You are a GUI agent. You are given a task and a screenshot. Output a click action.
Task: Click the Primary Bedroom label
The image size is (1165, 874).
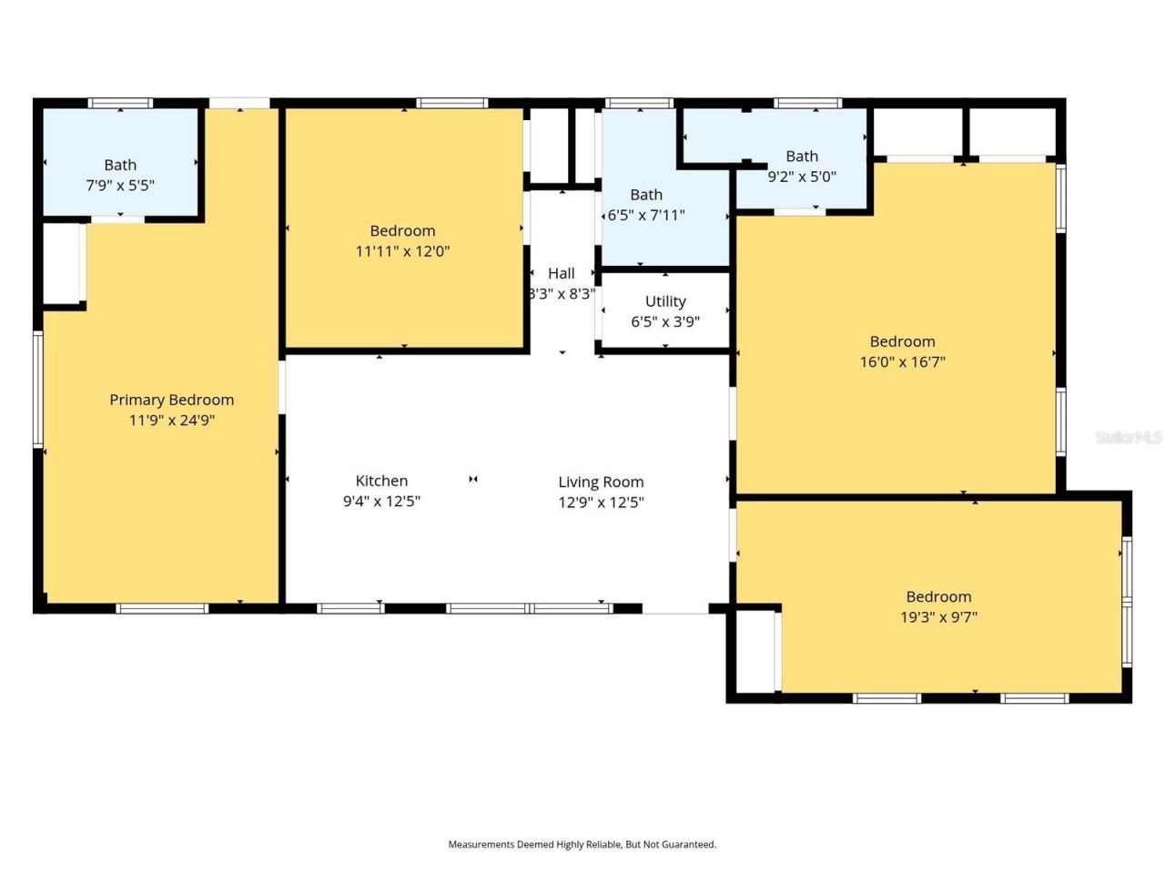(171, 400)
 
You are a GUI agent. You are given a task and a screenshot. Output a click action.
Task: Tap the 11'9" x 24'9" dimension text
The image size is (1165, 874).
(172, 421)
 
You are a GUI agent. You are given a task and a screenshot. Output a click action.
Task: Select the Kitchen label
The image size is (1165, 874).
(381, 481)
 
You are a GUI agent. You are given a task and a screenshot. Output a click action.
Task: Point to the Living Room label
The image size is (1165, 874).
(601, 483)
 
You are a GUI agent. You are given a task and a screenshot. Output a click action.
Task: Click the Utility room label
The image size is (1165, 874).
(665, 301)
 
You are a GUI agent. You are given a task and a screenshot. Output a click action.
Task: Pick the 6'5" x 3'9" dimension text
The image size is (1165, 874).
(665, 321)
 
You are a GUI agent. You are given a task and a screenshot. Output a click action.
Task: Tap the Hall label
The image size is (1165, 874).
(562, 273)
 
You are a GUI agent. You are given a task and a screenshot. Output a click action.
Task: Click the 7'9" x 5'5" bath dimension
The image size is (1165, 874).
(120, 185)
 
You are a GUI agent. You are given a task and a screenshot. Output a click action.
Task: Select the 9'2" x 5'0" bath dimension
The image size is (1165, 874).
(802, 177)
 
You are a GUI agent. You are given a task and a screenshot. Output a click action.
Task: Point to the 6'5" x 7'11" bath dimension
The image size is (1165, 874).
(646, 215)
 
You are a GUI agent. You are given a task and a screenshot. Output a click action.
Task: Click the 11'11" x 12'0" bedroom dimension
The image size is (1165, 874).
(403, 251)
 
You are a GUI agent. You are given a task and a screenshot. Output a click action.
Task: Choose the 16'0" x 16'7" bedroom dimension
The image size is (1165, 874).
(903, 362)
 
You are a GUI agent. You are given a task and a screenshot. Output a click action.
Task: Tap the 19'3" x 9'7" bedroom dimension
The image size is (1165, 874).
(939, 616)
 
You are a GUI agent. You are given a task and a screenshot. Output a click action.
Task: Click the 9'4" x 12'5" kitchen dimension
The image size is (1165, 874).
(381, 501)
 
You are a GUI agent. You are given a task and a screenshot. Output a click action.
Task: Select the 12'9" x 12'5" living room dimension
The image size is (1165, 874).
(601, 502)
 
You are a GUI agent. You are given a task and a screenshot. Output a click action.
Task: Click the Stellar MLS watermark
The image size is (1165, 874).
(1129, 437)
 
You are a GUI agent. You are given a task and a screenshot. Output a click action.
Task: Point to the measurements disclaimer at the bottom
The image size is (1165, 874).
(582, 844)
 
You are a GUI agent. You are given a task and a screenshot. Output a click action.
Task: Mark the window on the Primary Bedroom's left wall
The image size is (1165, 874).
(37, 390)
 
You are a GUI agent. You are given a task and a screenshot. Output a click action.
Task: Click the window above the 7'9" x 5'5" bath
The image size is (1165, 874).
(120, 103)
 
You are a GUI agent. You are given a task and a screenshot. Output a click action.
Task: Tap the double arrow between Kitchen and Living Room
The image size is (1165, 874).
(473, 479)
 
